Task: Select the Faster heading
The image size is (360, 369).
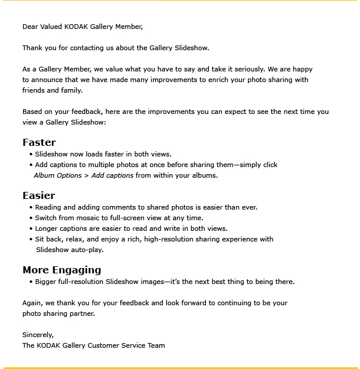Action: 39,142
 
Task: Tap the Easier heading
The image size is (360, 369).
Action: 39,195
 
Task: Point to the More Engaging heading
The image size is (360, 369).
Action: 62,270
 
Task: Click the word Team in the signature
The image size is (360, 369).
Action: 156,345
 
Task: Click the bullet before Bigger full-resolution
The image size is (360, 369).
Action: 31,282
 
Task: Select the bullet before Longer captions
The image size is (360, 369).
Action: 31,229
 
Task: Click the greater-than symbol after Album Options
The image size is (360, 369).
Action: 86,175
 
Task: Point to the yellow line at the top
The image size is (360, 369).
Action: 180,1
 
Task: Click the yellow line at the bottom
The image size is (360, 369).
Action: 180,367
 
